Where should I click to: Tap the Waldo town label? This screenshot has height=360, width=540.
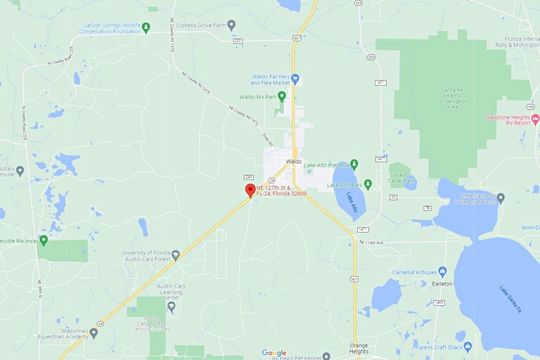pos(294,162)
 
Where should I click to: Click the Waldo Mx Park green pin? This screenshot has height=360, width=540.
pos(282,95)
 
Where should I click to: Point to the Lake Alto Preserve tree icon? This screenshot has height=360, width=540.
pos(355,164)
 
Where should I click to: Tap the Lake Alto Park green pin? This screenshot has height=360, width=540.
pos(368,184)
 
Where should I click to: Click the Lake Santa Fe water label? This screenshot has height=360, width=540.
pos(510,299)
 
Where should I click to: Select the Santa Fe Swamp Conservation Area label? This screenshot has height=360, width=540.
pos(452,98)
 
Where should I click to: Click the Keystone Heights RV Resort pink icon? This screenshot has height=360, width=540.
pos(535,119)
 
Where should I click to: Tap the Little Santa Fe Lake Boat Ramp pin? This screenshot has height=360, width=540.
pos(500,198)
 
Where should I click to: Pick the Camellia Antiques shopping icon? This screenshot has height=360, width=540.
pos(443,271)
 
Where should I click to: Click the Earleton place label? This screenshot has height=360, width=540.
pos(442,284)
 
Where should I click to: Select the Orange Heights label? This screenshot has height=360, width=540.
pos(359,349)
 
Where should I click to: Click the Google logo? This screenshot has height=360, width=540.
pos(274,353)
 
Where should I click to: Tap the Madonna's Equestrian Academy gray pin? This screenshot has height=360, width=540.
pos(94,333)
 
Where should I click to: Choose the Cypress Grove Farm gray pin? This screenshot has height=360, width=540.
pos(231,25)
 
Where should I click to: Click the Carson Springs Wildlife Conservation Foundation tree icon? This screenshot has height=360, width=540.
pos(146,28)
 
